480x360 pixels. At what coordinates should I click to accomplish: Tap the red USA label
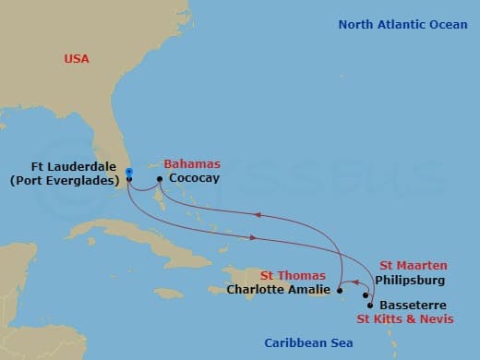pos(78,59)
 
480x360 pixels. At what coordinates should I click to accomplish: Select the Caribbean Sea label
pos(307,342)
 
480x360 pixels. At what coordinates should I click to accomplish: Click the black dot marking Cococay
pos(160,178)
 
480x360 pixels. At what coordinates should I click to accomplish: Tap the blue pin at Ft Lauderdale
pos(129,172)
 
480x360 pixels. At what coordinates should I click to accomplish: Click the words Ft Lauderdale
pos(64,167)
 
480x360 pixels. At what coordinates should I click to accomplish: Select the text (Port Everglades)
pos(64,181)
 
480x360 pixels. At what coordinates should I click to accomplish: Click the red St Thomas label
pos(292,275)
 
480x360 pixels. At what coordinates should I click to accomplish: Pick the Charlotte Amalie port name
pos(278,290)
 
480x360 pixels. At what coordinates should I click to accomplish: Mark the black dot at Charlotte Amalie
pos(341,289)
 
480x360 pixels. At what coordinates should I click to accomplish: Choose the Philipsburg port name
pos(413,279)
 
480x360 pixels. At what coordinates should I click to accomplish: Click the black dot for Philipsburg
pos(366,296)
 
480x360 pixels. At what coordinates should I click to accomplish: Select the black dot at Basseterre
pos(370,305)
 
